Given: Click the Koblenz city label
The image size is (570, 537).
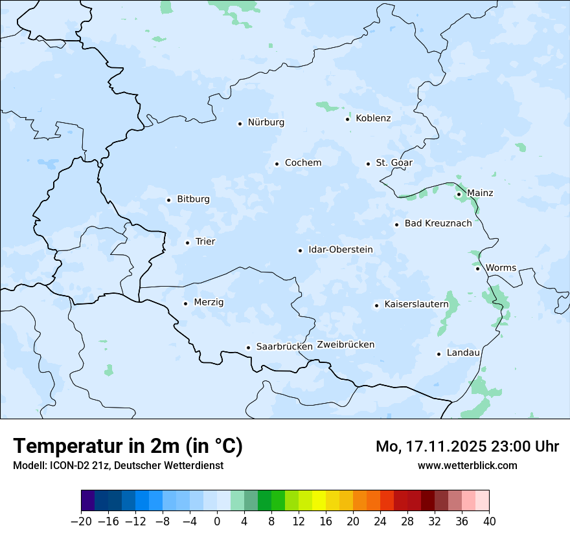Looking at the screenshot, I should [x=373, y=118].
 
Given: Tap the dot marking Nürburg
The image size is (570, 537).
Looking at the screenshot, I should [x=240, y=123].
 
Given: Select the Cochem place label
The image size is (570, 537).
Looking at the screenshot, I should [x=303, y=163].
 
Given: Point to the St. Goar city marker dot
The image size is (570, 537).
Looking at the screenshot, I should [x=368, y=164].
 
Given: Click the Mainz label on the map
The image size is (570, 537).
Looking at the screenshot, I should [x=480, y=193].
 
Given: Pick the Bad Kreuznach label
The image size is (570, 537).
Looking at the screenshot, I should [x=438, y=224].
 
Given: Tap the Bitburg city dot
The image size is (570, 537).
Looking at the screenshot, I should [x=168, y=200].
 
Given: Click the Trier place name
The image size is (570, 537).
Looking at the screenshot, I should [x=205, y=242].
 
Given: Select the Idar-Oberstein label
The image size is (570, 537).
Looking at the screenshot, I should [x=341, y=250].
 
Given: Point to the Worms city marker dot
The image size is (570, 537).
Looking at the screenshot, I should [x=477, y=268].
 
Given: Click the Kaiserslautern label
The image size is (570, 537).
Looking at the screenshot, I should [x=416, y=304].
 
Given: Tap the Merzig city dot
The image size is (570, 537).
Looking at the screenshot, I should [x=185, y=303].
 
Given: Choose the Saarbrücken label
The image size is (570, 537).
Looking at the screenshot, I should [x=284, y=347].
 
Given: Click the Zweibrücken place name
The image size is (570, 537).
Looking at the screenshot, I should [x=345, y=345].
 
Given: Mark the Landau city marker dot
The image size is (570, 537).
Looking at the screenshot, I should [x=439, y=353].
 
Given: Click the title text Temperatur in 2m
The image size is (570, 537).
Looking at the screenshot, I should [x=128, y=446].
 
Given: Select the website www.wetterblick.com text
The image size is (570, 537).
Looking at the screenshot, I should [x=467, y=465].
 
